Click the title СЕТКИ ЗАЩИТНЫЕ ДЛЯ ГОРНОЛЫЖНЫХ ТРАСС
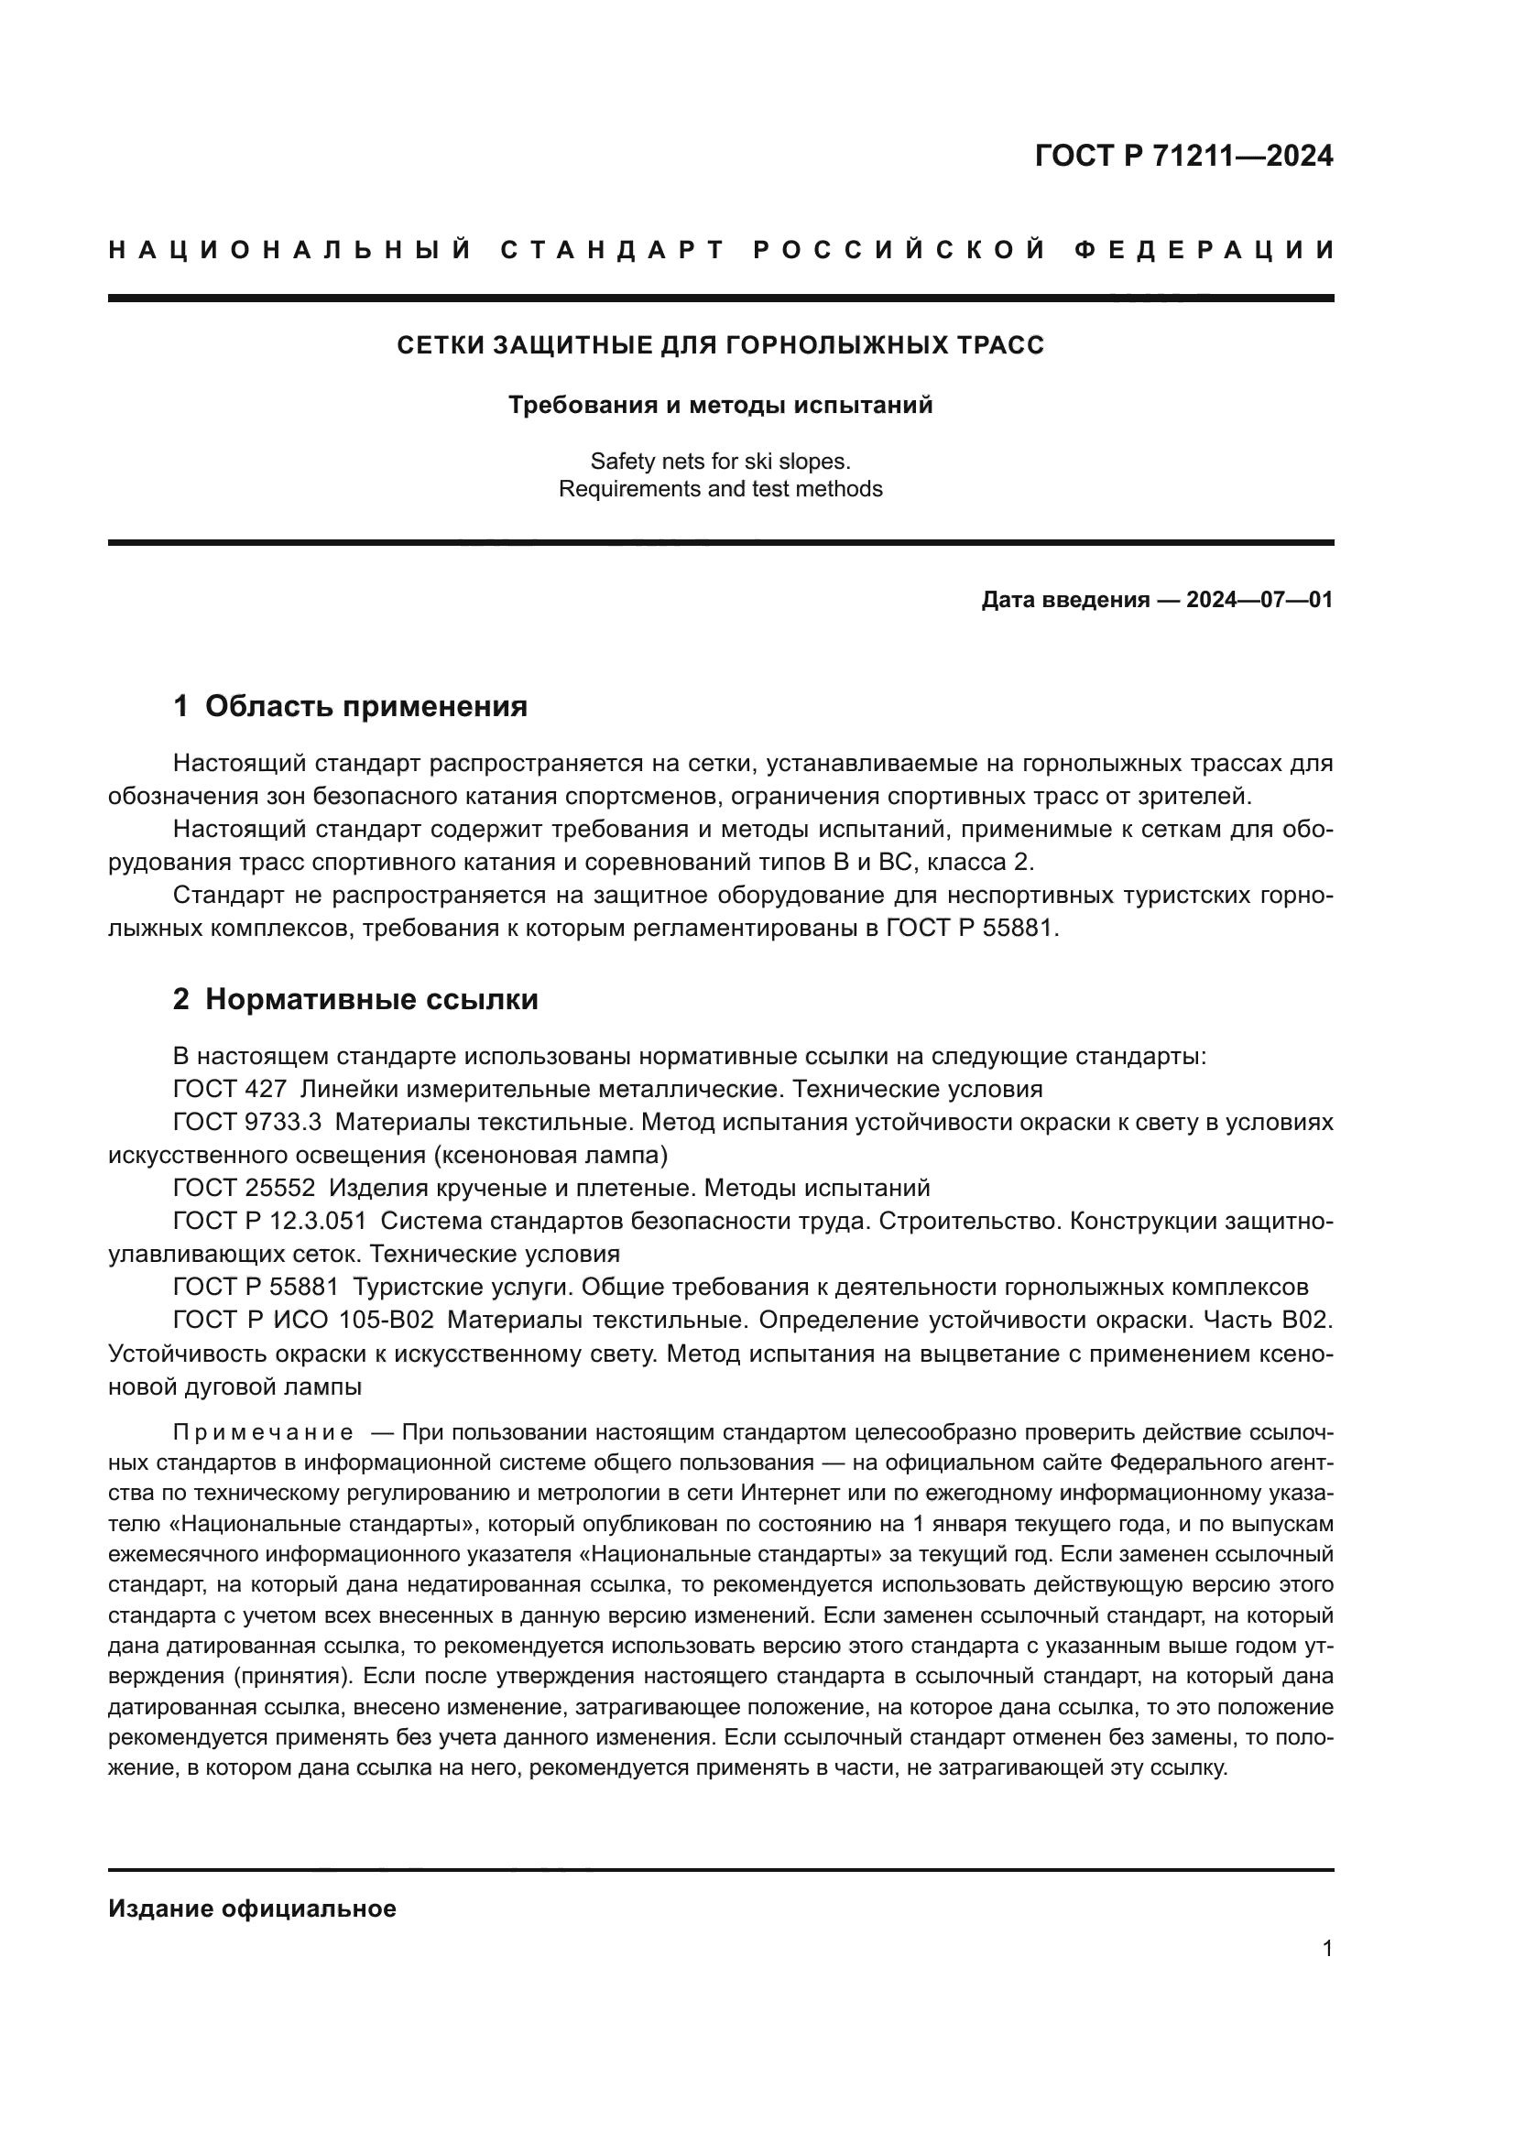pos(720,345)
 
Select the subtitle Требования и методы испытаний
pos(720,406)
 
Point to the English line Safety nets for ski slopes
pos(720,461)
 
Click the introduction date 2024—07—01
pos(1259,600)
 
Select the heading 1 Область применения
pos(350,706)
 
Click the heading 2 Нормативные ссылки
pos(355,999)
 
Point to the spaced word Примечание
pos(263,1432)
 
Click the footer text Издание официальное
pos(252,1908)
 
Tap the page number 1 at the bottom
pos(1326,1949)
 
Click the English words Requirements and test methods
pos(720,489)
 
